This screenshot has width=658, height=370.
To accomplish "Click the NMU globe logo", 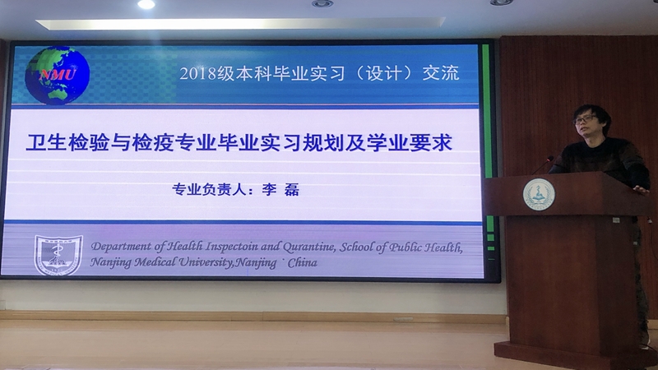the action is (x=57, y=75).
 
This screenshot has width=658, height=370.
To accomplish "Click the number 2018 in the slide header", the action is (x=198, y=74).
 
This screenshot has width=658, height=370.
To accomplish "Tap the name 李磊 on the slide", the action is (x=280, y=190).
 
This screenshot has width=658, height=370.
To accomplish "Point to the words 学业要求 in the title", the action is (x=409, y=142).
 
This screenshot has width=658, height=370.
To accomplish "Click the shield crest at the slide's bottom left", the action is (x=58, y=255).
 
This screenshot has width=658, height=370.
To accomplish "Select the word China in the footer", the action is (x=302, y=262).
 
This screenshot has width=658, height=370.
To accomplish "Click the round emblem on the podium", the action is (x=539, y=194).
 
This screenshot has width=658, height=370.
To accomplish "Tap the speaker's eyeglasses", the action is (x=584, y=119).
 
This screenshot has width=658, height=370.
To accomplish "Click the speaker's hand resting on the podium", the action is (x=641, y=190).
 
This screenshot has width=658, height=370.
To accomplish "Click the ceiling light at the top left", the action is (x=146, y=4).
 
